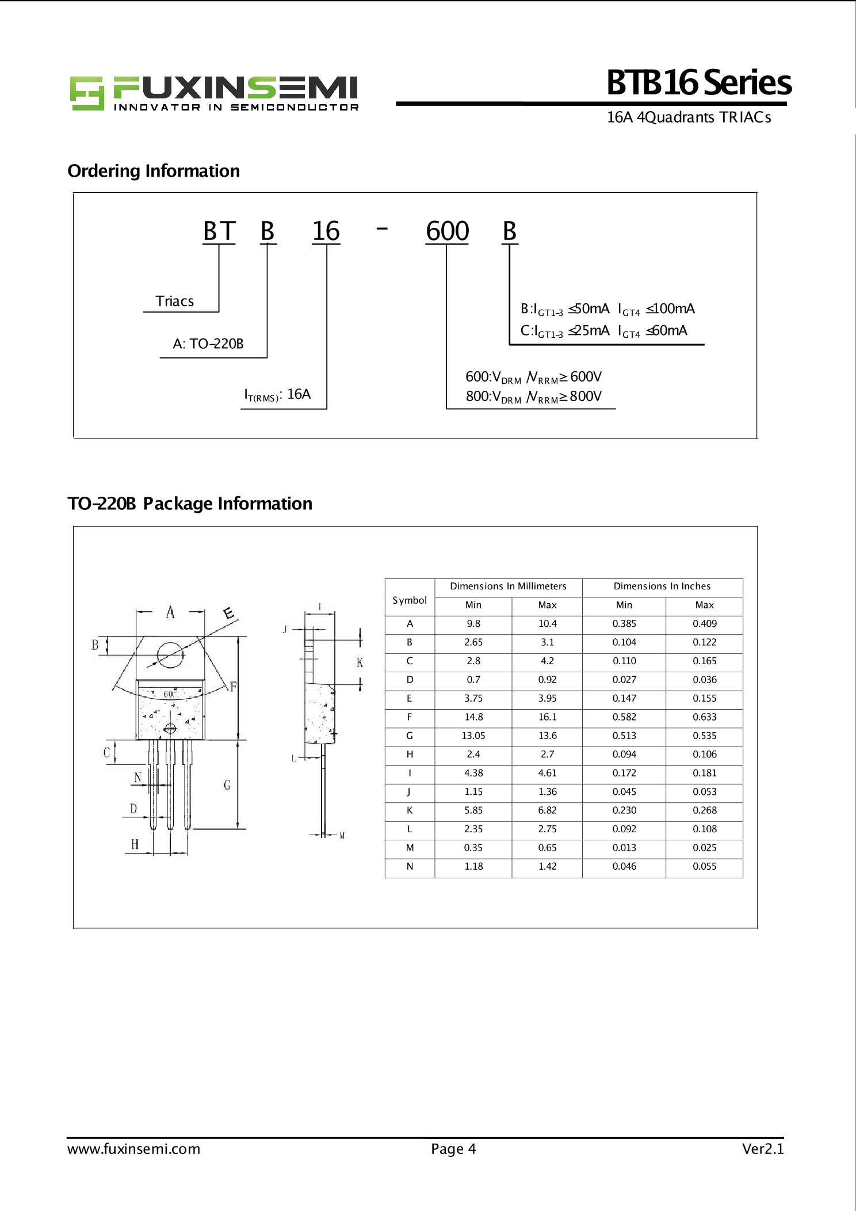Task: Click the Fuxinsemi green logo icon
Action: pyautogui.click(x=87, y=93)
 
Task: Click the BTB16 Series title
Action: pyautogui.click(x=698, y=83)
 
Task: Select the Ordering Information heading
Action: pyautogui.click(x=154, y=171)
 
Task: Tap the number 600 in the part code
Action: pyautogui.click(x=447, y=231)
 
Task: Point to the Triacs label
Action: pyautogui.click(x=174, y=301)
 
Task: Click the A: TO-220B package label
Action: pyautogui.click(x=208, y=344)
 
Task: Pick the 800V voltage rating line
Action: pyautogui.click(x=533, y=397)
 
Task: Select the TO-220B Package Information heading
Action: pyautogui.click(x=190, y=504)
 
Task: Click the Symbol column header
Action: pyautogui.click(x=410, y=600)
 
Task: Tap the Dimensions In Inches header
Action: pyautogui.click(x=662, y=587)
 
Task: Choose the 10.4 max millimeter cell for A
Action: pyautogui.click(x=547, y=624)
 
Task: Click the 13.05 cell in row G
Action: pyautogui.click(x=473, y=736)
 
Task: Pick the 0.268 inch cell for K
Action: pyautogui.click(x=704, y=810)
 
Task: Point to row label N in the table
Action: pyautogui.click(x=410, y=866)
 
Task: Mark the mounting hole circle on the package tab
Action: pyautogui.click(x=170, y=655)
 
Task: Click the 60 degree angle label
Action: pyautogui.click(x=169, y=694)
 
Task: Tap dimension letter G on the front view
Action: pyautogui.click(x=227, y=785)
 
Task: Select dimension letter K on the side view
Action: pyautogui.click(x=360, y=662)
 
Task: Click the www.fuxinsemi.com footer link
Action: pyautogui.click(x=134, y=1149)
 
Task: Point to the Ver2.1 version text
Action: pyautogui.click(x=762, y=1149)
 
